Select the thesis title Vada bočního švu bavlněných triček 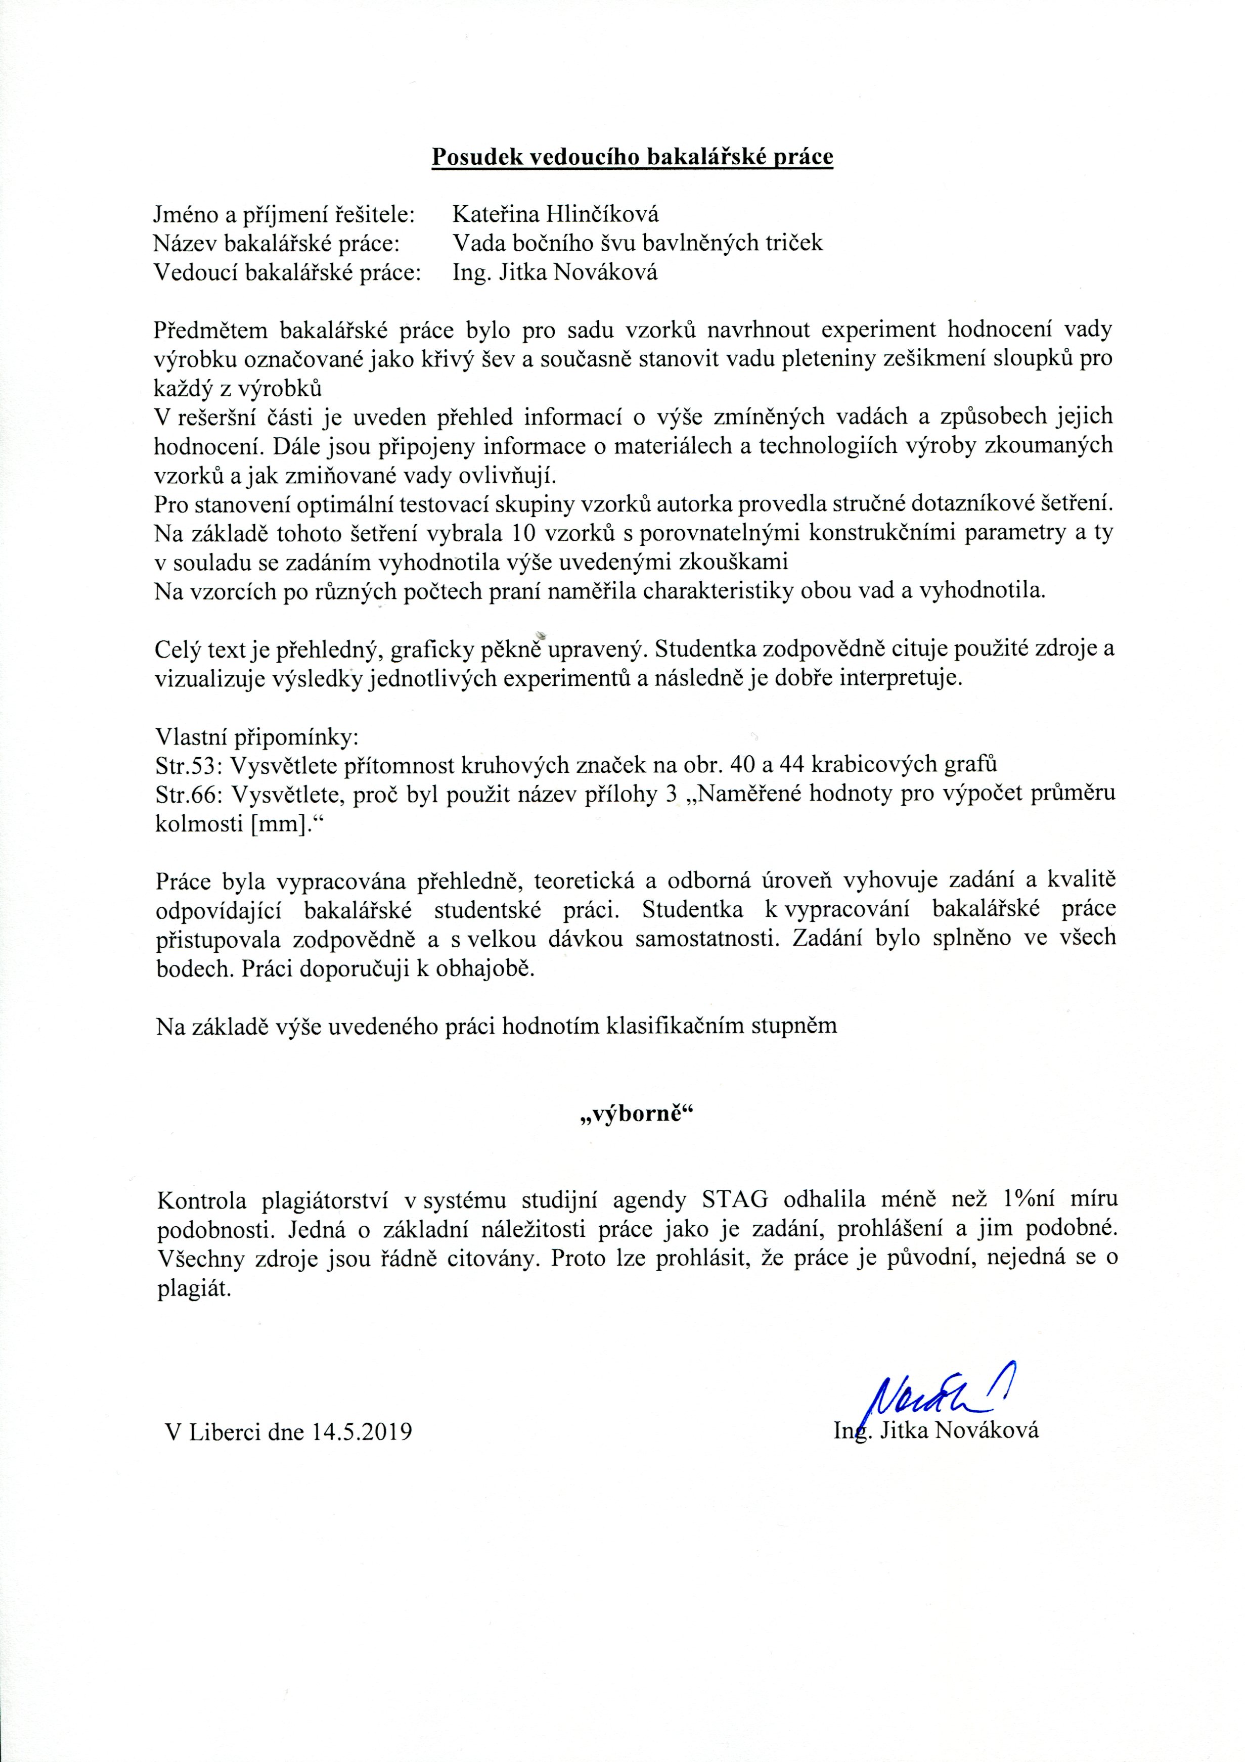coord(637,243)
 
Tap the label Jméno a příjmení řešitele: coord(284,214)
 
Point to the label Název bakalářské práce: coord(277,243)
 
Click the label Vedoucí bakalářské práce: coord(288,272)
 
